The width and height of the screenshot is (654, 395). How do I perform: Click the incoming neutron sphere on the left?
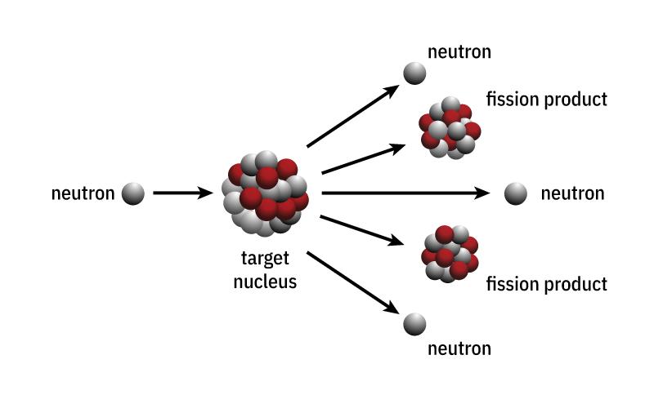(133, 193)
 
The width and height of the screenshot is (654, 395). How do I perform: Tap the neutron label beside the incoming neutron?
(83, 193)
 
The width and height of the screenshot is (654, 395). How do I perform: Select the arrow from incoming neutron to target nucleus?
(183, 193)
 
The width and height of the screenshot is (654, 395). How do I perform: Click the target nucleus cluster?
(265, 194)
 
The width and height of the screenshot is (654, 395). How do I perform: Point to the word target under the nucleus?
(265, 259)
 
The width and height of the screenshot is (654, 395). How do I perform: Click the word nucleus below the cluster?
(265, 282)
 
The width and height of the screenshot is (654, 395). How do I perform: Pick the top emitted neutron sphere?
(414, 73)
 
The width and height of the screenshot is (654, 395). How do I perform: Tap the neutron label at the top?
(459, 52)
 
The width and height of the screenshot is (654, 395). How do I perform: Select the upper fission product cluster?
(450, 128)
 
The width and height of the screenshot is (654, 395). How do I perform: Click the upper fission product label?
(546, 100)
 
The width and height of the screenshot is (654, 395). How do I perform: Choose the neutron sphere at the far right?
(516, 193)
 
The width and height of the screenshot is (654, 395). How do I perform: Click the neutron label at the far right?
(573, 193)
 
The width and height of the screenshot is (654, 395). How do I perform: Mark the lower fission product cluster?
(450, 254)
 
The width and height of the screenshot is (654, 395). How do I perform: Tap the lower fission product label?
(546, 285)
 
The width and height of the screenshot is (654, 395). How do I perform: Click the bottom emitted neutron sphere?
(414, 324)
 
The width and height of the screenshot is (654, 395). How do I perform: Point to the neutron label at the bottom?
(459, 348)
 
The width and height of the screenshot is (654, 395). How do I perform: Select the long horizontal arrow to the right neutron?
(405, 193)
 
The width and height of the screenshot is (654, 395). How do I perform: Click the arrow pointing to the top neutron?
(353, 116)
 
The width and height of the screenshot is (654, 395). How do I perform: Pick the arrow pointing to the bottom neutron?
(353, 282)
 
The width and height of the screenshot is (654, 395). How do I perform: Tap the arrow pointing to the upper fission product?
(363, 158)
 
